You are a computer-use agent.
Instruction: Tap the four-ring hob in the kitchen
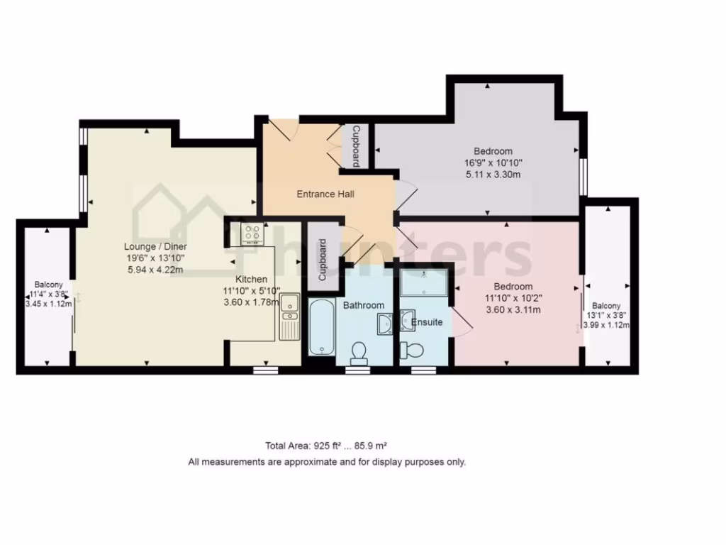pyautogui.click(x=252, y=233)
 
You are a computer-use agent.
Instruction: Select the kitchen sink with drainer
pyautogui.click(x=289, y=316)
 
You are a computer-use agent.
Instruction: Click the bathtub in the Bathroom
pyautogui.click(x=321, y=327)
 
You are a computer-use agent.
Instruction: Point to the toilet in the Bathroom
pyautogui.click(x=359, y=352)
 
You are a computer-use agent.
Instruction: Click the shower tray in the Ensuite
pyautogui.click(x=423, y=282)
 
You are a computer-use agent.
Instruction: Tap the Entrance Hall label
pyautogui.click(x=325, y=194)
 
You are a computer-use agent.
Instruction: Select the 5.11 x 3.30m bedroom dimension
pyautogui.click(x=493, y=174)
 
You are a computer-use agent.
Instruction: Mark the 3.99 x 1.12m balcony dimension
pyautogui.click(x=606, y=326)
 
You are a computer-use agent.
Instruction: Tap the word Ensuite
pyautogui.click(x=427, y=322)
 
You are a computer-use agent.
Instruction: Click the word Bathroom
pyautogui.click(x=364, y=306)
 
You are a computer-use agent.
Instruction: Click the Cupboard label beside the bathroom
pyautogui.click(x=323, y=260)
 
